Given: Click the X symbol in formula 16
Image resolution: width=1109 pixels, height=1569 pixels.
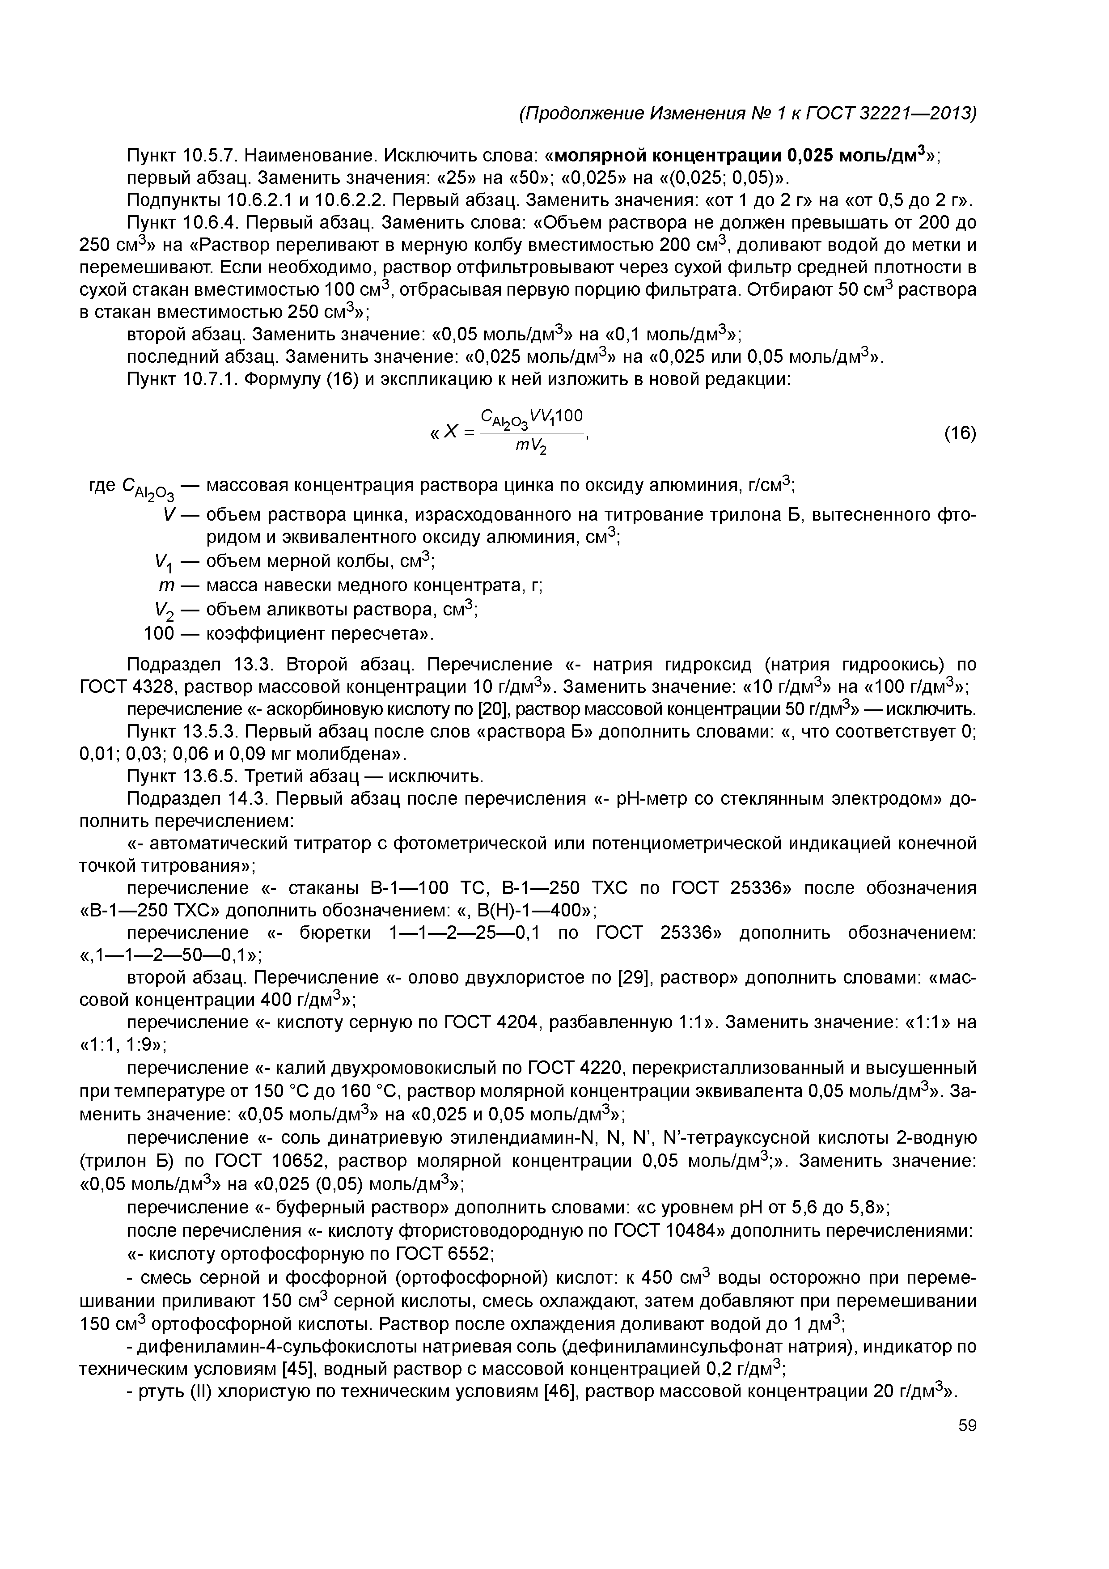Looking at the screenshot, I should [450, 432].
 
